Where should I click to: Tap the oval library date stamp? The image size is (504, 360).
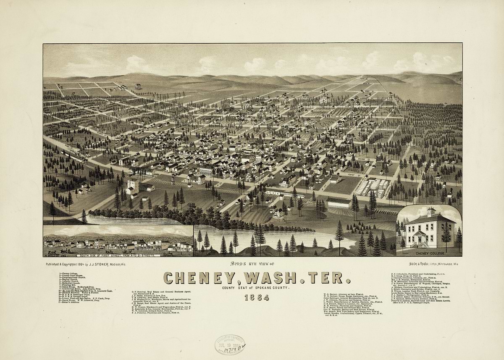230,345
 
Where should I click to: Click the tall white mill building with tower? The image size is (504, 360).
132,187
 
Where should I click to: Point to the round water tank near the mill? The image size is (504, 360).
173,180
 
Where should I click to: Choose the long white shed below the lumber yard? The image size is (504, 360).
339,203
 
